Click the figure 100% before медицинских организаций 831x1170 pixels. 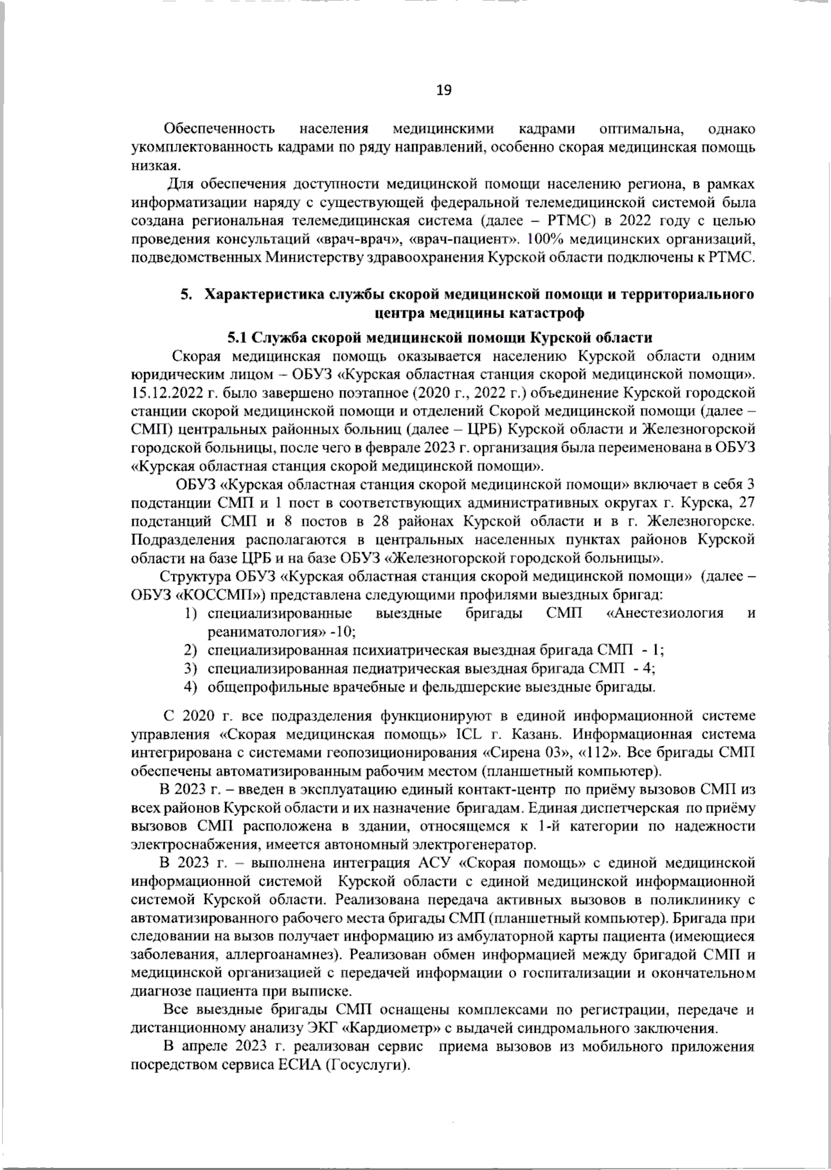click(x=542, y=239)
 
